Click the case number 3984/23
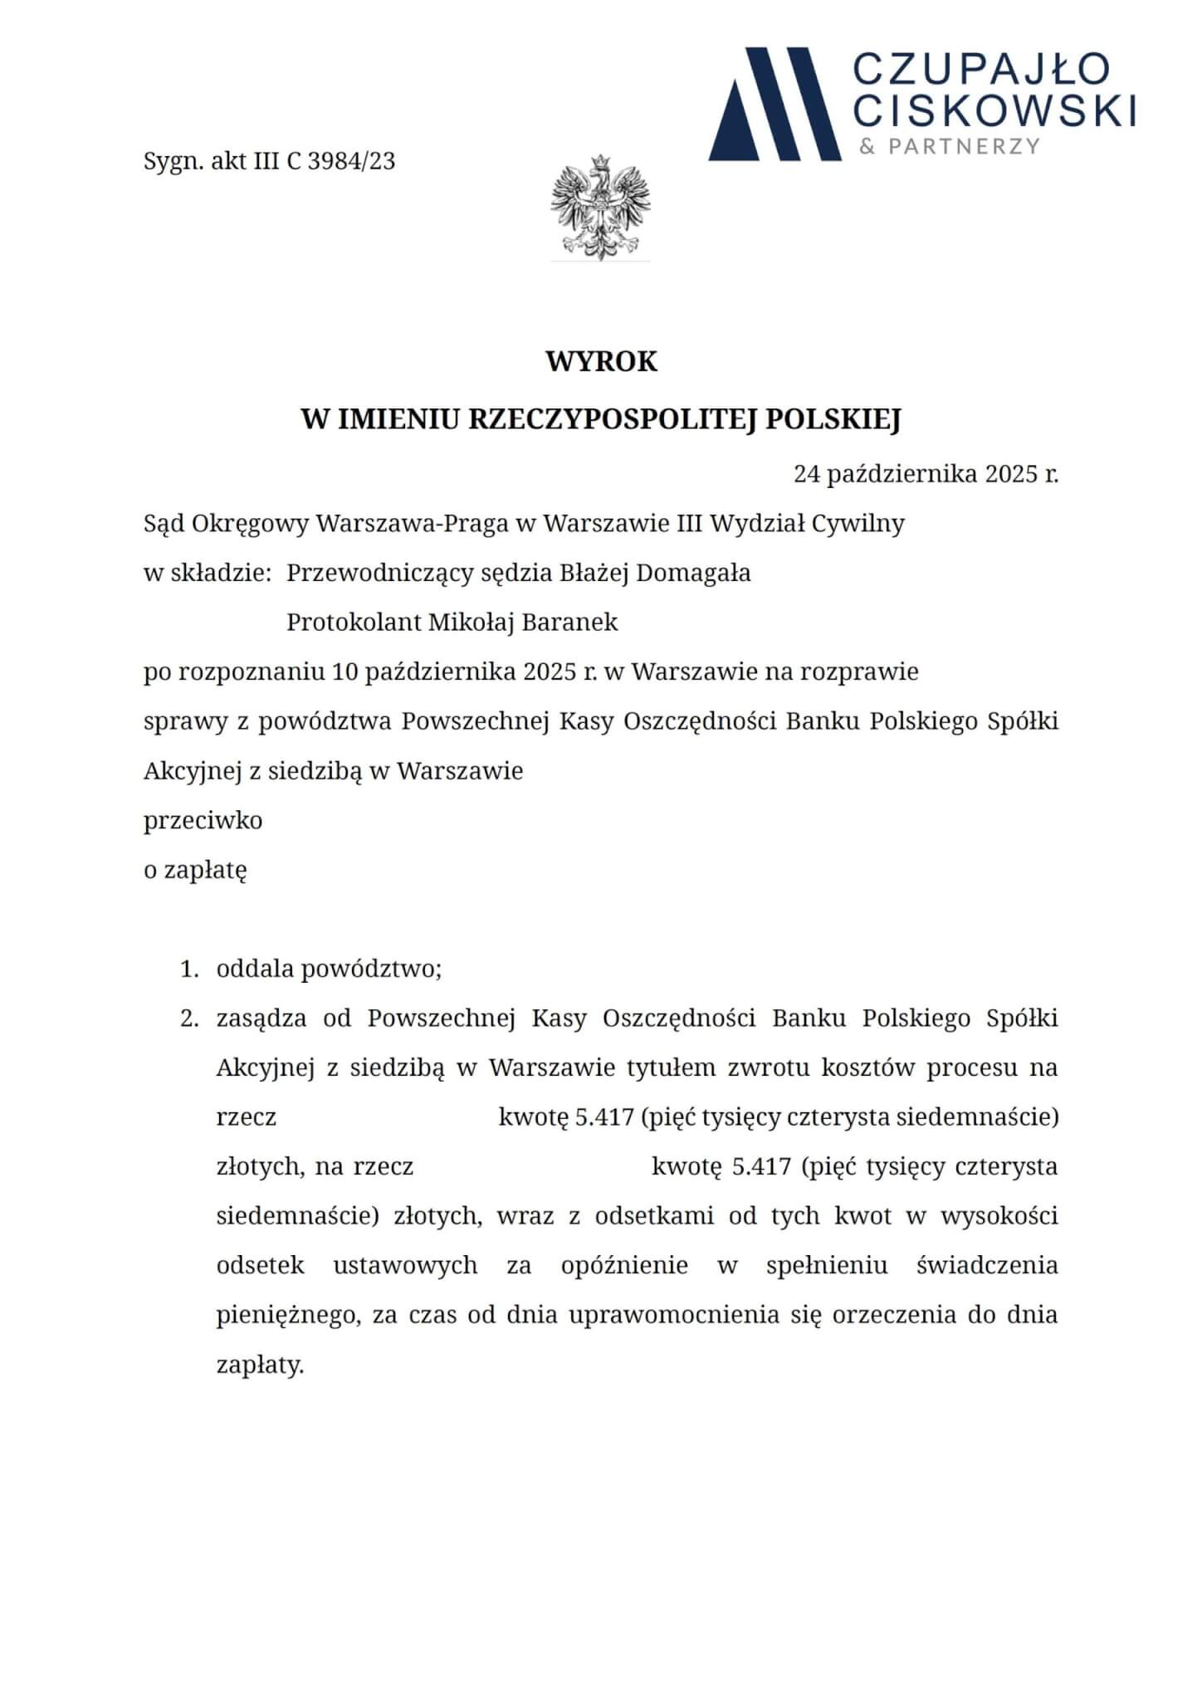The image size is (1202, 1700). point(350,160)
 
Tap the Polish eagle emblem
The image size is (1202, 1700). point(600,208)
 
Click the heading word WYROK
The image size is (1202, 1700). point(601,362)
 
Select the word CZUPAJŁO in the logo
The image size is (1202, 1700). point(982,69)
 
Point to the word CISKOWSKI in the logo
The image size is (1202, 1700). point(995,110)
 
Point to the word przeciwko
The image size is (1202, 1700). point(203,820)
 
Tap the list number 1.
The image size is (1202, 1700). point(189,969)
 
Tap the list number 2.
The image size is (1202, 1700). point(189,1018)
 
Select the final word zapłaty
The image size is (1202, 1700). point(260,1365)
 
